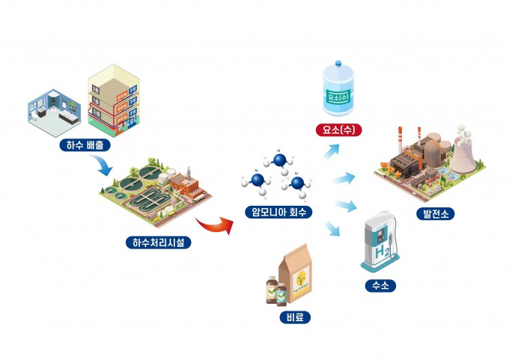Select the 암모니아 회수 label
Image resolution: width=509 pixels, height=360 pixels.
click(278, 212)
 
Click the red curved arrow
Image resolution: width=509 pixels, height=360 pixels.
click(212, 224)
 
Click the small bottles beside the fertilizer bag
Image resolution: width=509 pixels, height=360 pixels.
click(275, 291)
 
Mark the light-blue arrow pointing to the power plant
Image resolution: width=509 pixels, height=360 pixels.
click(344, 179)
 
